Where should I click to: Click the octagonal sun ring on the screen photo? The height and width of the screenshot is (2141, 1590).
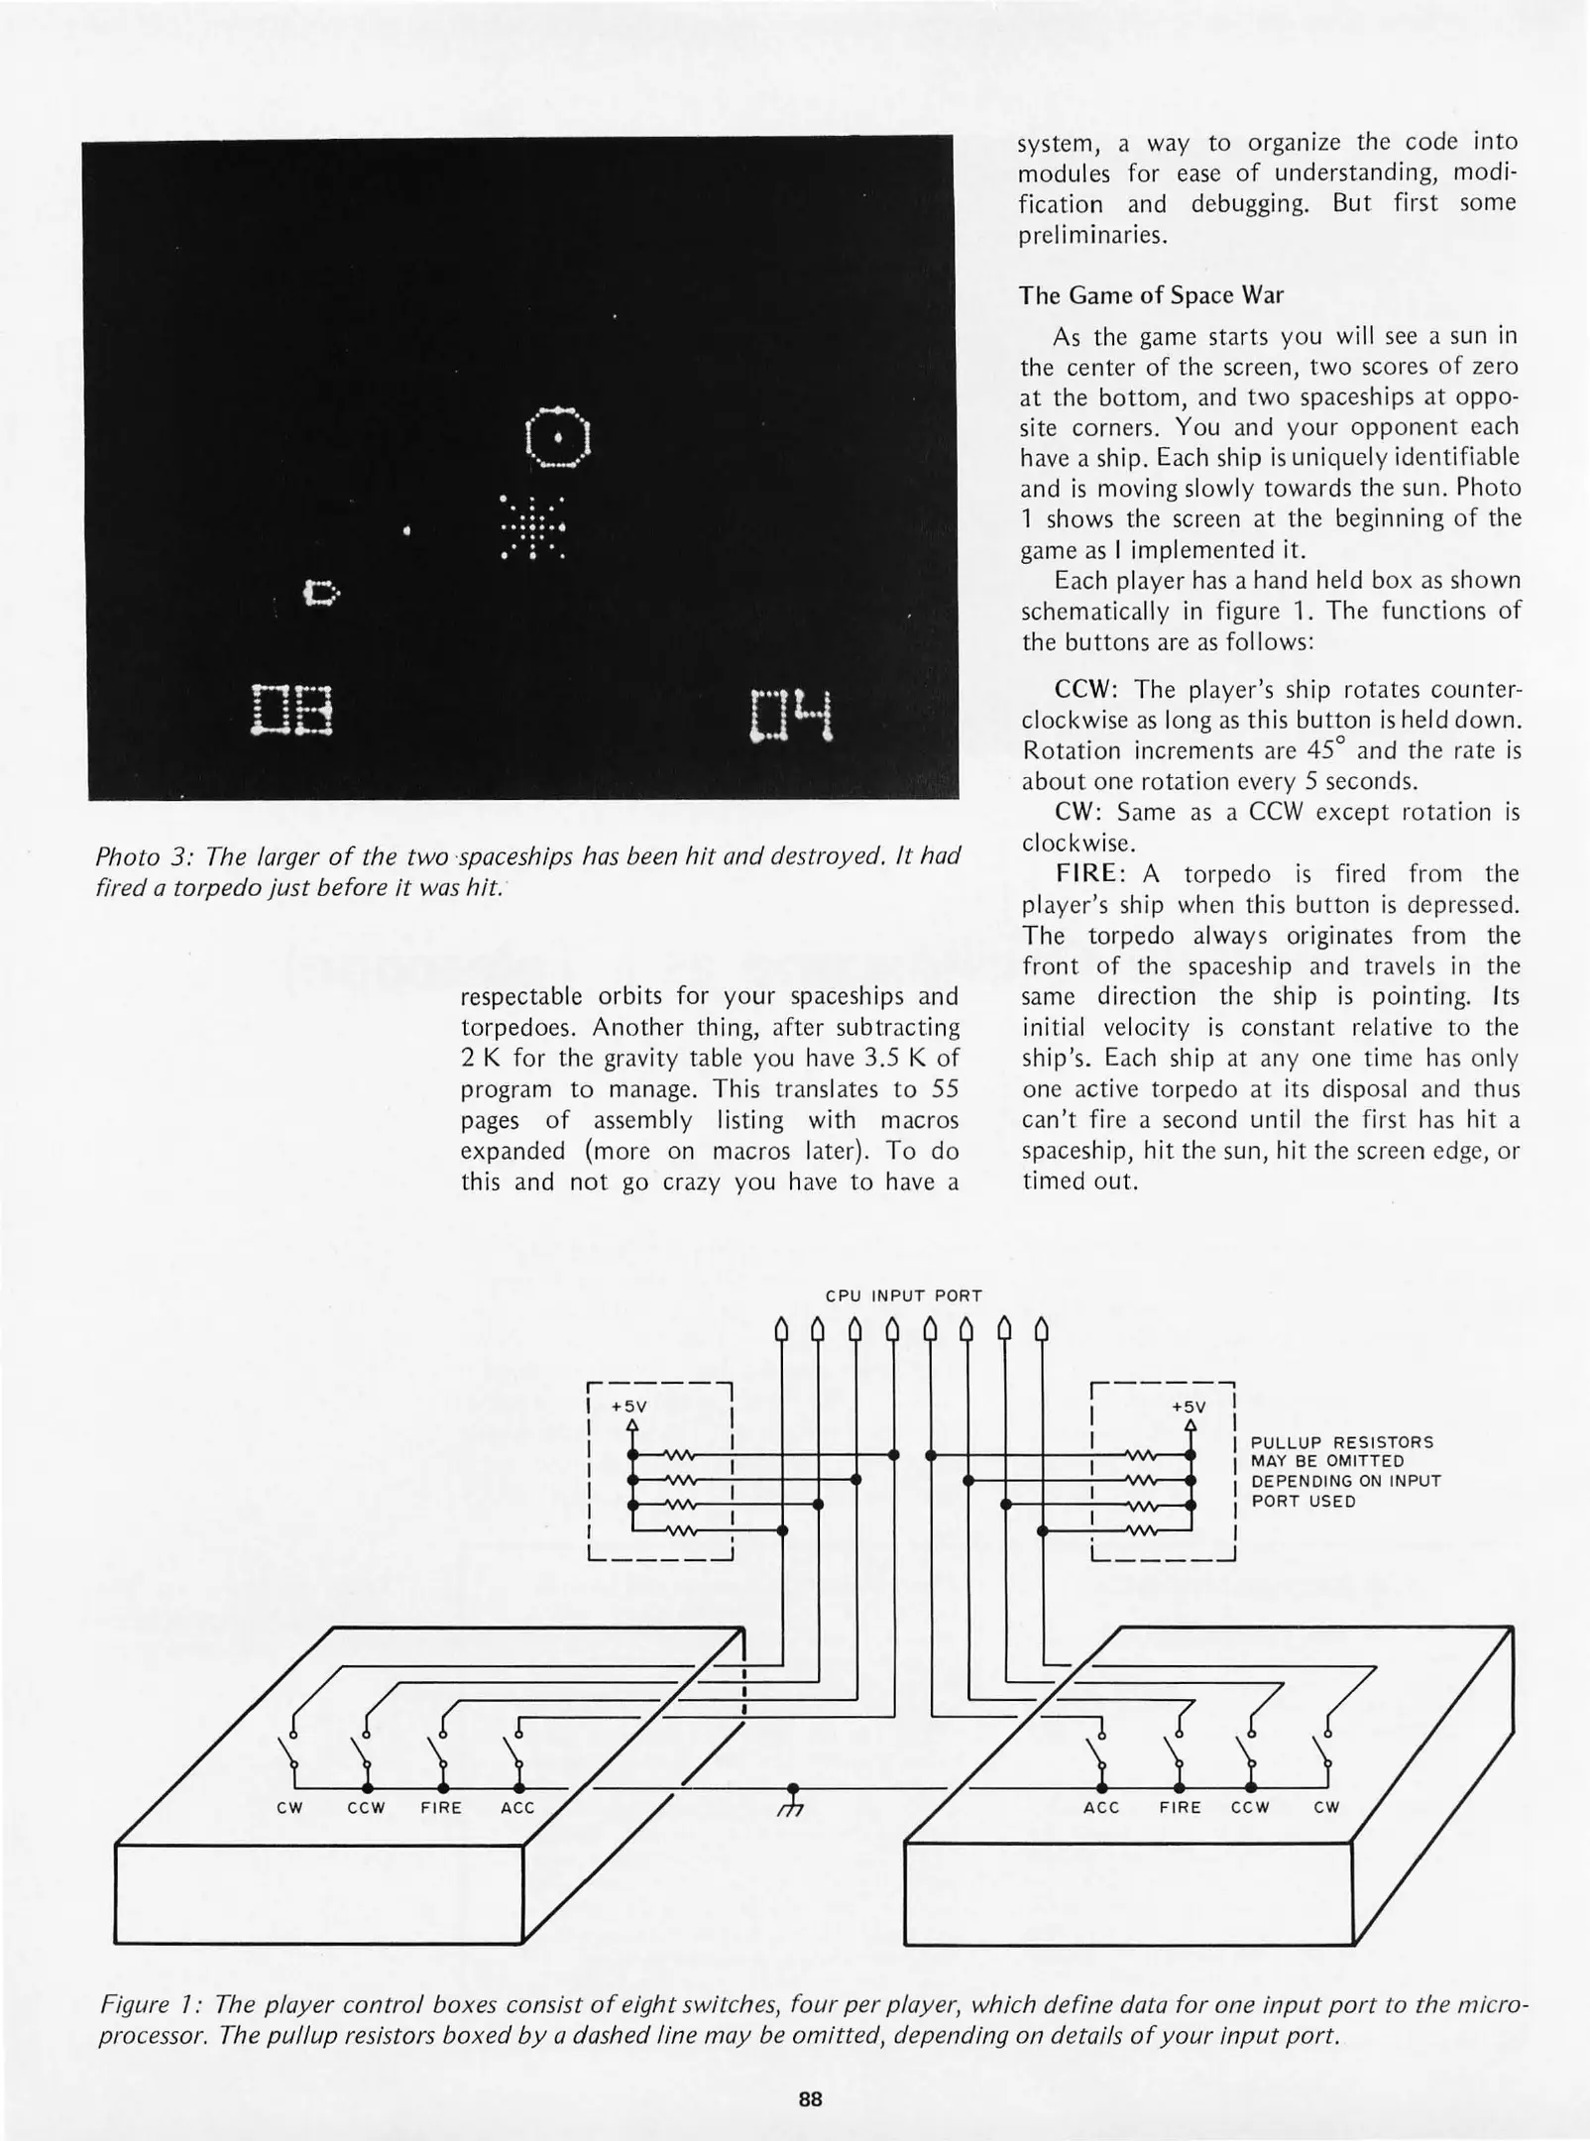tap(559, 437)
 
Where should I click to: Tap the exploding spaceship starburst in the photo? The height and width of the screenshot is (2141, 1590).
tap(532, 527)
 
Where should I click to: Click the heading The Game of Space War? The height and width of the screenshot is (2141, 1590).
tap(1151, 295)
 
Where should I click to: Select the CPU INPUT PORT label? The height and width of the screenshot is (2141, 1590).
tap(903, 1296)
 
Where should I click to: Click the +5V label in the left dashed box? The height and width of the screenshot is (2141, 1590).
tap(629, 1407)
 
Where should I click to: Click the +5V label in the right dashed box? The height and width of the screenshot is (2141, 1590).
tap(1189, 1407)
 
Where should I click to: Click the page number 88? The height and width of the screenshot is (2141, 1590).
tap(811, 2098)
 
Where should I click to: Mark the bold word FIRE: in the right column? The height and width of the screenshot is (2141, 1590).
tap(1093, 874)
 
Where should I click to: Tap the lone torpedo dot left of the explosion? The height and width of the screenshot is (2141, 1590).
tap(407, 532)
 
